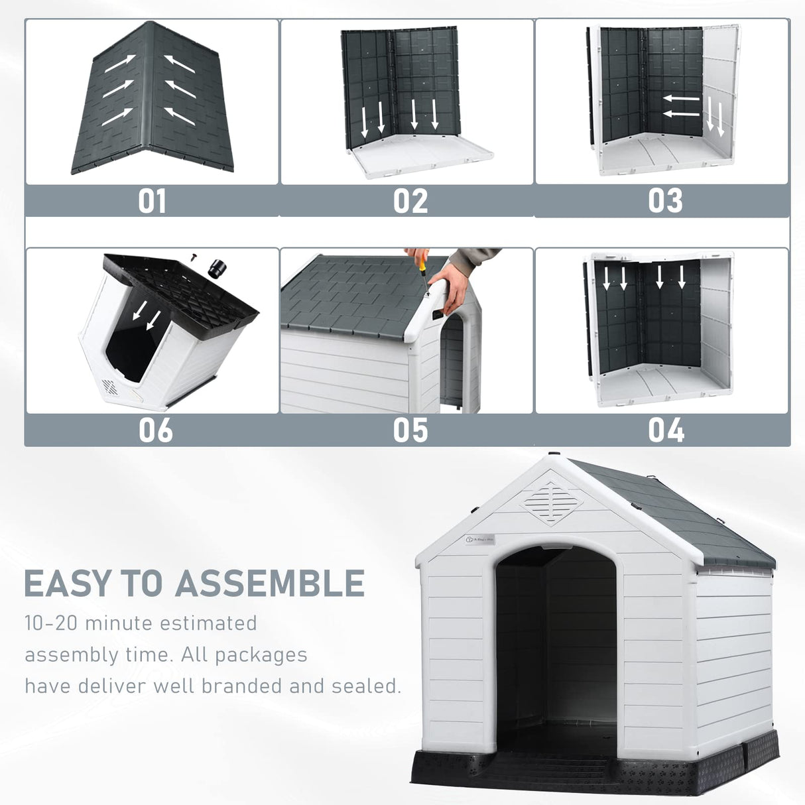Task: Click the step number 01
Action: point(152,202)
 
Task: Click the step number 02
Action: point(410,202)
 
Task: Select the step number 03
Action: point(665,202)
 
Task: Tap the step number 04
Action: point(666,430)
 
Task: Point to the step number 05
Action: point(410,430)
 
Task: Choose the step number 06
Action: point(155,430)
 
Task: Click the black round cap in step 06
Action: point(217,269)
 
